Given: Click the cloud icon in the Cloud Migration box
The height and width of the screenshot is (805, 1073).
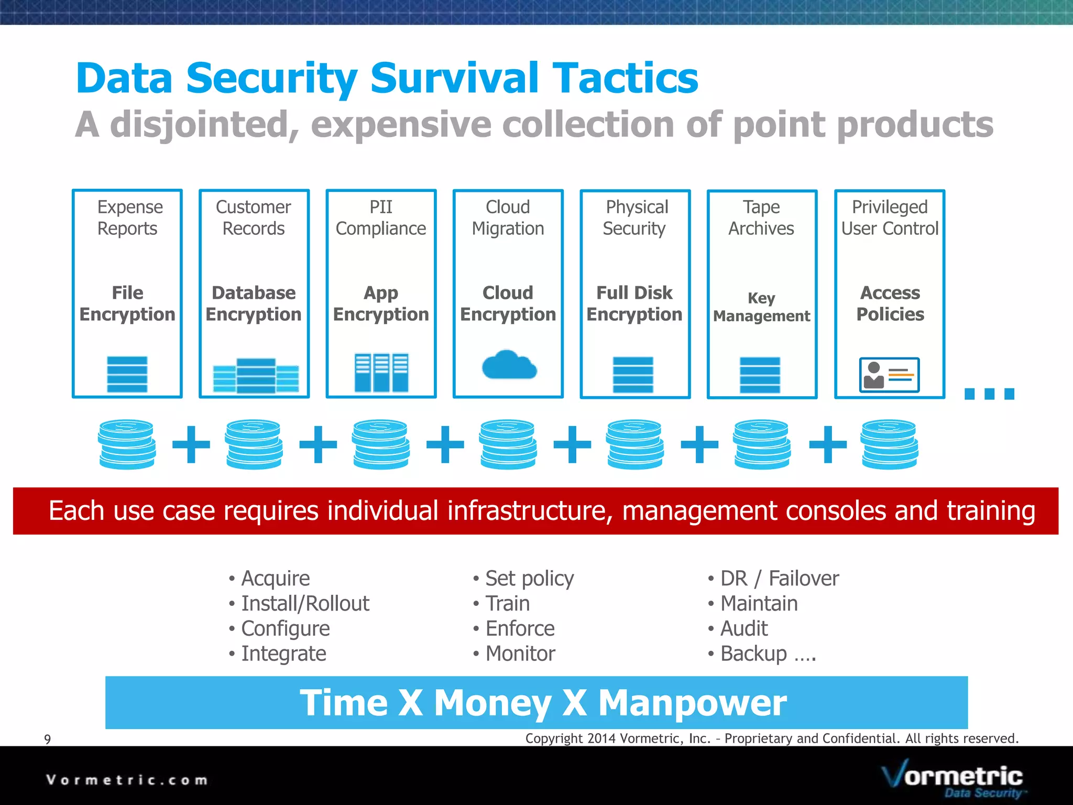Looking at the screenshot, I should (509, 365).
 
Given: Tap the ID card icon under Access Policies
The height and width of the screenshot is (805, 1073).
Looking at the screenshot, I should (889, 375).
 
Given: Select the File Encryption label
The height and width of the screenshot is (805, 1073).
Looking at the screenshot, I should (127, 303).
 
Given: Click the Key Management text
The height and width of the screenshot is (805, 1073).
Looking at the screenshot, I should (761, 307).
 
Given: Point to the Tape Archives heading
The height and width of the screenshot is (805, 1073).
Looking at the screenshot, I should (761, 217).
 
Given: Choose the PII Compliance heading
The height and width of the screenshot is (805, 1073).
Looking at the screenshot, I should (381, 217).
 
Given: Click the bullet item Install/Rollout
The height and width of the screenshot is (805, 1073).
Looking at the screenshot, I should (305, 603).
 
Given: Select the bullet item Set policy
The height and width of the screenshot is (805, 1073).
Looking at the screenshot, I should (529, 578).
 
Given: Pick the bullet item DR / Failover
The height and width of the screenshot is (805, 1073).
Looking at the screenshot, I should (779, 578).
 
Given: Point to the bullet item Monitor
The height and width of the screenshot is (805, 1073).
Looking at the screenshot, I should (520, 654).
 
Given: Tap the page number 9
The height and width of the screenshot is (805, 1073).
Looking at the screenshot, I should (48, 739).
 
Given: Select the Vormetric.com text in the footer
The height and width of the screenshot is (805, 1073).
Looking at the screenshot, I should (127, 780).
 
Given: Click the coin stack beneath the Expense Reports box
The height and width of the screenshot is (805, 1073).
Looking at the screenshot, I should (127, 444).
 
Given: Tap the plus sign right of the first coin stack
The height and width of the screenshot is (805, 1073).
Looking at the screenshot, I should (191, 444).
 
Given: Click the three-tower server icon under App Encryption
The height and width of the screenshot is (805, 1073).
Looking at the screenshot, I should (381, 373).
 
